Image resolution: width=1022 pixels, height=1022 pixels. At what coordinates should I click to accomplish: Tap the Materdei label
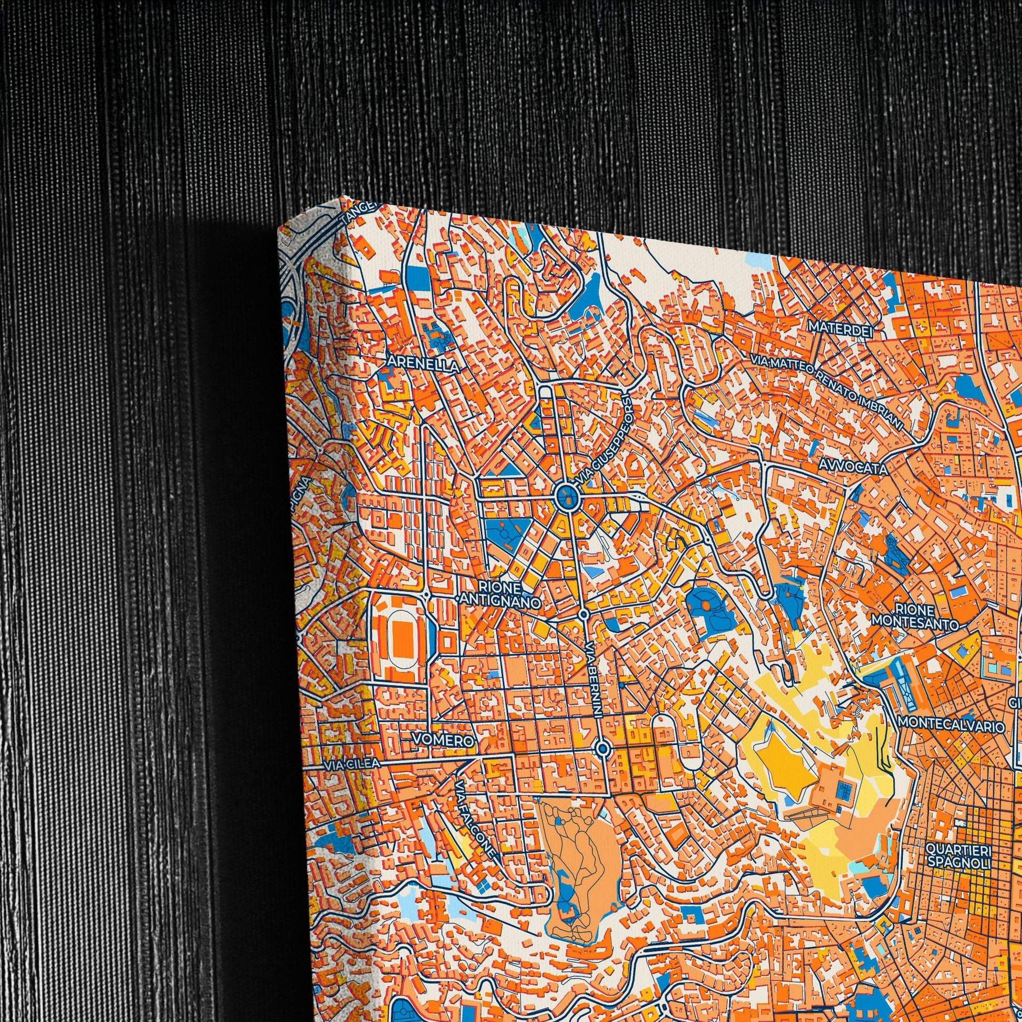point(839,327)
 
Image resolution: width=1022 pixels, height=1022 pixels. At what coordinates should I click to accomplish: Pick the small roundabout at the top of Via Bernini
point(583,614)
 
